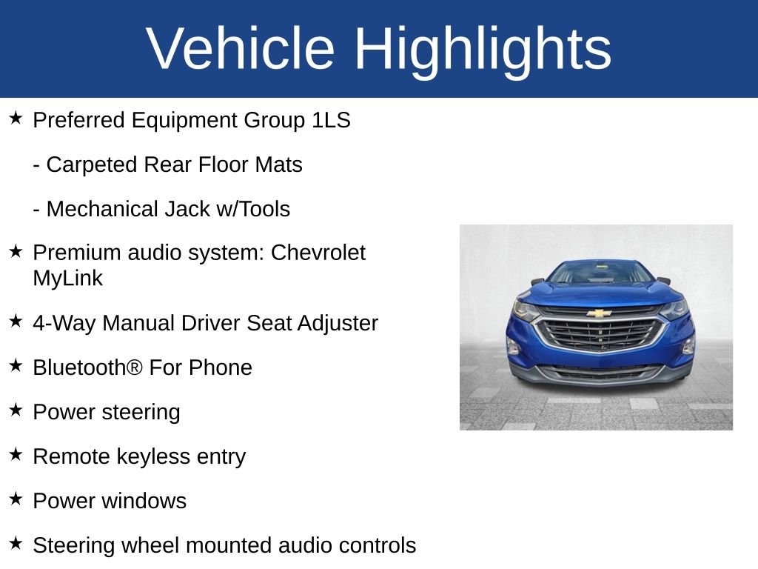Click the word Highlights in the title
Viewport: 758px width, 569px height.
483,49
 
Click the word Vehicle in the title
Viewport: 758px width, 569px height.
241,49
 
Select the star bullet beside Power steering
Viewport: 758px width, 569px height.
16,410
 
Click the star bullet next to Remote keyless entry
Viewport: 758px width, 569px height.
16,454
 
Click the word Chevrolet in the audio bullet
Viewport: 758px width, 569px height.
318,253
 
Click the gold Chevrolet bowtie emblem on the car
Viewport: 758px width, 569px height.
599,313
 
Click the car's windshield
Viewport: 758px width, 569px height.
600,273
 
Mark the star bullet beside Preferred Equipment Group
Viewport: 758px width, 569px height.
16,118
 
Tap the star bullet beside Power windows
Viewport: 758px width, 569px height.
16,499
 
